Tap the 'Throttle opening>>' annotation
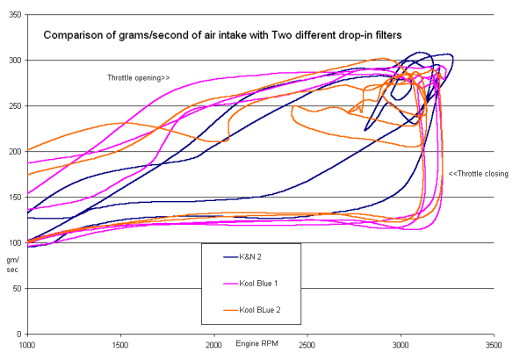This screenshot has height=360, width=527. (139, 77)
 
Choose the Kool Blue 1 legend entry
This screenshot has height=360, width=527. (255, 284)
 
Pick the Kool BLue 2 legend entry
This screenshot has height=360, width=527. (255, 310)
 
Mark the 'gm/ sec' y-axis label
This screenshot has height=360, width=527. (13, 265)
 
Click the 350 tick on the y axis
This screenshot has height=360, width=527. (14, 15)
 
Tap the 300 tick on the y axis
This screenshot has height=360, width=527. (14, 61)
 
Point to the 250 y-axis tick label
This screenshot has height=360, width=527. (14, 106)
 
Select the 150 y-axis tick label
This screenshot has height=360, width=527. (14, 198)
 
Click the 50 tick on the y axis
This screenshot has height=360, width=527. (17, 289)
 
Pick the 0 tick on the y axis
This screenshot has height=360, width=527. (19, 335)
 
